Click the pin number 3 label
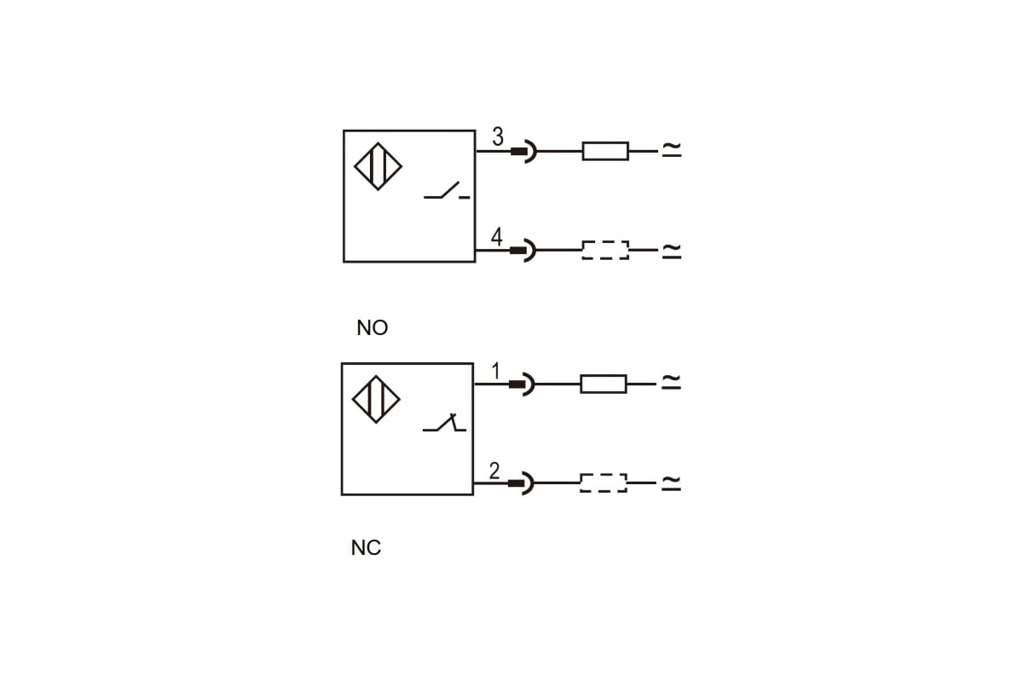[498, 136]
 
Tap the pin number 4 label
[497, 236]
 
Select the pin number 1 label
[496, 372]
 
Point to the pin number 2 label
[494, 471]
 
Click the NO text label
[373, 328]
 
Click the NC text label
[366, 548]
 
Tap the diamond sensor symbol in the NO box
[378, 165]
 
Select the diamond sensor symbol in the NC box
[376, 399]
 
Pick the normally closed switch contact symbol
[444, 423]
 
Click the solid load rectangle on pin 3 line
[605, 152]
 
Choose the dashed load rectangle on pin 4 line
[605, 251]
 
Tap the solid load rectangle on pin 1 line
[604, 384]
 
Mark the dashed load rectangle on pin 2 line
[604, 483]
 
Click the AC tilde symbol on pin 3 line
[672, 150]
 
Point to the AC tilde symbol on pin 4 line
[672, 250]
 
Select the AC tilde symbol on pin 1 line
[671, 383]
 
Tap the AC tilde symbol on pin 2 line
[671, 483]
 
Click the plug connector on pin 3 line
[523, 152]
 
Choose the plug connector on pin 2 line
[521, 483]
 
